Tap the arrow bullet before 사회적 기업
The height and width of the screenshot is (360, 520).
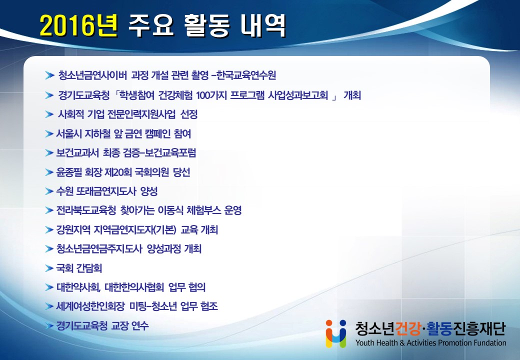[49, 114]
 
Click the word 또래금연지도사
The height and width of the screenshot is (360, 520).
[106, 191]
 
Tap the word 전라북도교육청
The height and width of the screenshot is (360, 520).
[86, 210]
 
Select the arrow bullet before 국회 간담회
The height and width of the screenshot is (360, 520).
[49, 268]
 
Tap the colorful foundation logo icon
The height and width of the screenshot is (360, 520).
[335, 333]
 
